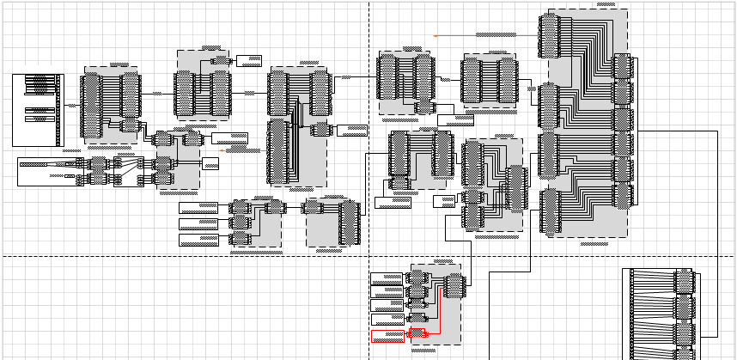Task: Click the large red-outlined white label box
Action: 387,335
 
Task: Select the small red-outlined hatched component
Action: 418,333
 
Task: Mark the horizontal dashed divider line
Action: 172,256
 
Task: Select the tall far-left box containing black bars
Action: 38,110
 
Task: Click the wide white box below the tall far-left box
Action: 47,172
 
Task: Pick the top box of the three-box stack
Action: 198,208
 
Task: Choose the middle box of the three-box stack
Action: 198,223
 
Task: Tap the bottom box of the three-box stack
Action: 198,239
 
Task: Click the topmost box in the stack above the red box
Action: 387,278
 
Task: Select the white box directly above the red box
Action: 387,320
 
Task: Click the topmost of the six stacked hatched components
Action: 623,65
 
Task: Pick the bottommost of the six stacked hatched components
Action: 623,196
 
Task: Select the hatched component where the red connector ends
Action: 455,285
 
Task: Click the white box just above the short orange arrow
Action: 230,137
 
